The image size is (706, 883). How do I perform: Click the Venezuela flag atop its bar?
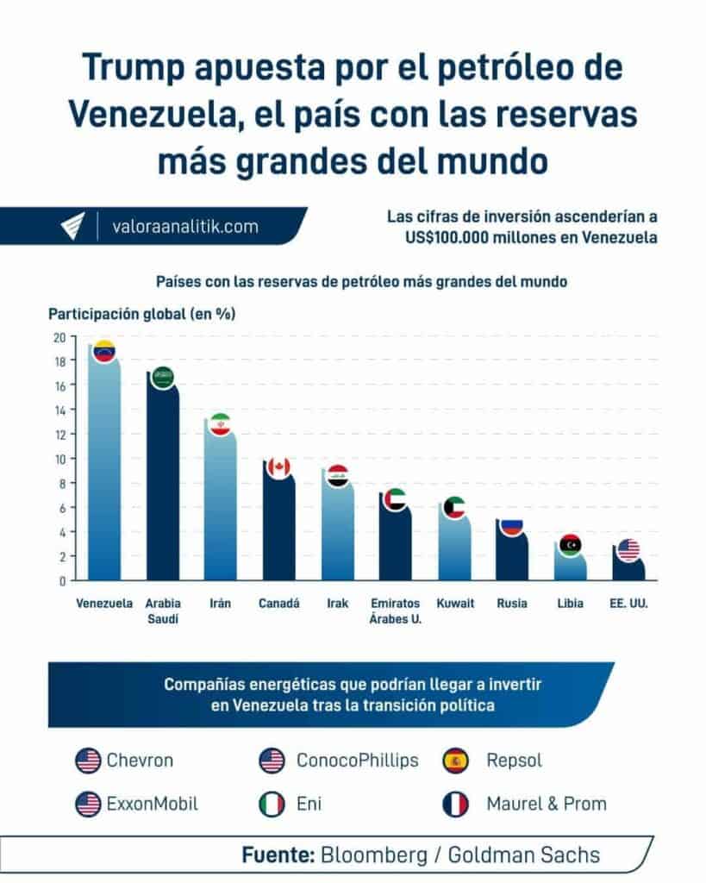104,351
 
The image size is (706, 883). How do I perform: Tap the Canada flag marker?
278,467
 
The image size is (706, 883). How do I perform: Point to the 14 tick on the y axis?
60,410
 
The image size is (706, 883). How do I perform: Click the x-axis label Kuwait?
455,604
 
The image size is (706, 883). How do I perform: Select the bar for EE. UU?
628,569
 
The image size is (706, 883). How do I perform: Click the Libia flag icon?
570,544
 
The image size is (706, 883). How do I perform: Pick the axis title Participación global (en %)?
142,314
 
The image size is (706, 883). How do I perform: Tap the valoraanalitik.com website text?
185,227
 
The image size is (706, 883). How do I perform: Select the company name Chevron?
140,761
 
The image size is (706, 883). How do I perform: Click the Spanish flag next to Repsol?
455,761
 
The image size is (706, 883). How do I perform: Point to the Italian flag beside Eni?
272,805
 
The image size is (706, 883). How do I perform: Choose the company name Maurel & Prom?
546,805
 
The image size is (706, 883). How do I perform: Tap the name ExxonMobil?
152,805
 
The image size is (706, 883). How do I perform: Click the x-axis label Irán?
220,604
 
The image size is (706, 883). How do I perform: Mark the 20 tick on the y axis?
60,337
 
